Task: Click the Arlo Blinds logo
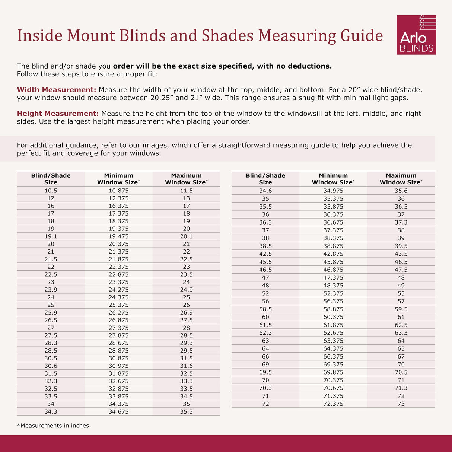point(416,35)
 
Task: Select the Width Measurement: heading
point(57,90)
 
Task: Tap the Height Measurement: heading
point(58,114)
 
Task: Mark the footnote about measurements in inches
point(54,426)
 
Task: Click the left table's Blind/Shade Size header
point(51,179)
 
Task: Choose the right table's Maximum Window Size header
point(401,179)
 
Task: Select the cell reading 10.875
point(118,191)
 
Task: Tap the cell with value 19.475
point(118,236)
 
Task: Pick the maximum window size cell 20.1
point(186,236)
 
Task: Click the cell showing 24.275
point(118,290)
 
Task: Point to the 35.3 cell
point(186,411)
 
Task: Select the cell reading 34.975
point(333,191)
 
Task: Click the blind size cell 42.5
point(265,254)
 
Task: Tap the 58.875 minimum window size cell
point(333,309)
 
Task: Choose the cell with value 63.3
point(401,333)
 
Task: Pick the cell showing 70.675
point(333,388)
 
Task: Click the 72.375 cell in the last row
point(333,404)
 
